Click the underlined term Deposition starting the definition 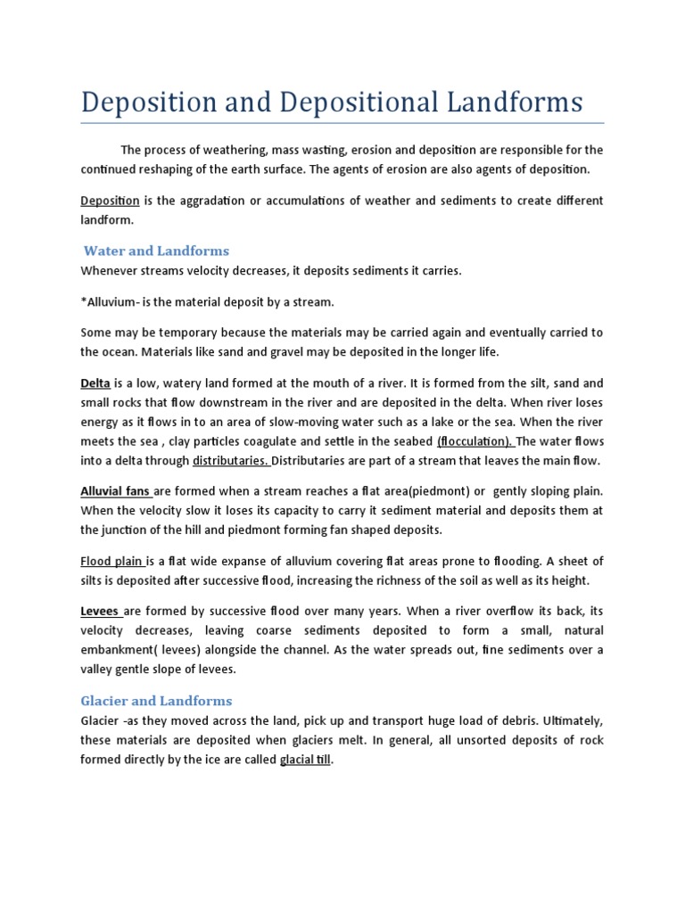click(110, 201)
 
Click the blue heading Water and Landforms click(156, 251)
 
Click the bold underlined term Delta click(95, 383)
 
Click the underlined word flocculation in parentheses click(475, 442)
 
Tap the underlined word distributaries click(230, 461)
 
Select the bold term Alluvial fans click(115, 491)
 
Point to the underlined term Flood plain click(111, 561)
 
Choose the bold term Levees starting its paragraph click(100, 611)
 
